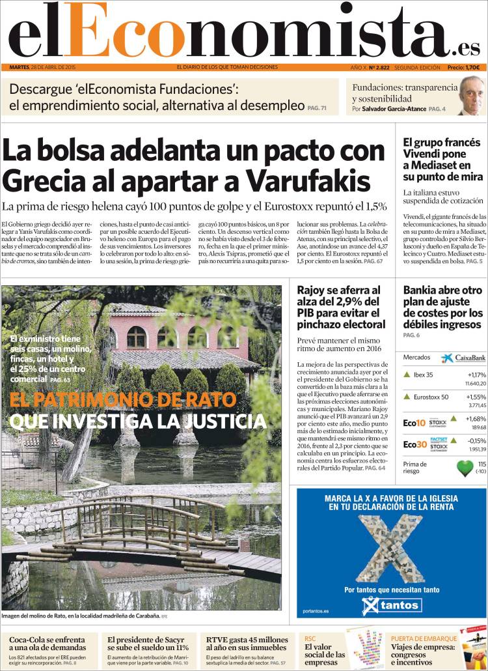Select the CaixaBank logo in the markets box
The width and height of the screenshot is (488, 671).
(463, 358)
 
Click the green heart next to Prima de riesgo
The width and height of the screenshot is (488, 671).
(464, 467)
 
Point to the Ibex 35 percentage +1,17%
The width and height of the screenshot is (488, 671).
(476, 375)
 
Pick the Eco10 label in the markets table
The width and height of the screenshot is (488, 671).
(414, 423)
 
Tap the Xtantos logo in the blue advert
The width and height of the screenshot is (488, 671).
(391, 606)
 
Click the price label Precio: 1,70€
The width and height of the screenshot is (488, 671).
(463, 67)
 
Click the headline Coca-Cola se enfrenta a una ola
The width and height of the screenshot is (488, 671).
(47, 644)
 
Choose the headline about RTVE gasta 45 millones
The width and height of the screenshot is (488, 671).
(247, 644)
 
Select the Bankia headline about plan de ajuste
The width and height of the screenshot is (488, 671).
(443, 307)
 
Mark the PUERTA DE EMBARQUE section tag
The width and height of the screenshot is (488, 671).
(422, 638)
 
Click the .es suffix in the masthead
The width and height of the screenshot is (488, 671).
(467, 48)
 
